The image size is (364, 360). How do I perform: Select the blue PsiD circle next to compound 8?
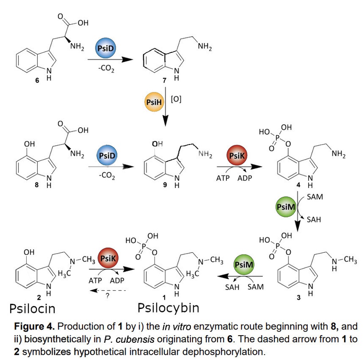pos(105,156)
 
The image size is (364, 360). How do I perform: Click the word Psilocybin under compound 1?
pos(168,308)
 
